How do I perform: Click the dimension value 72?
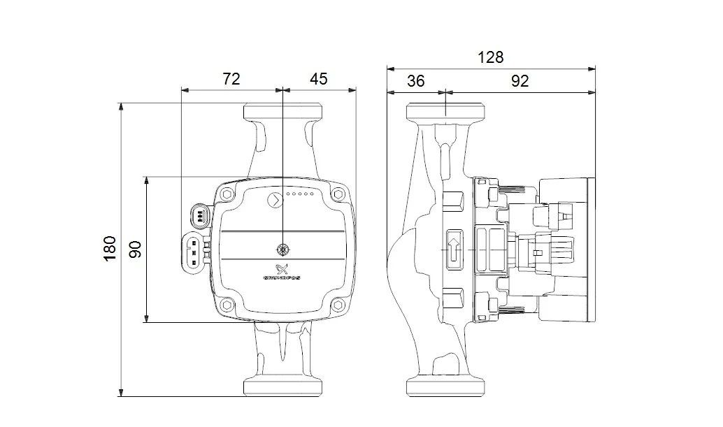[231, 79]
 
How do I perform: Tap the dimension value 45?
[318, 79]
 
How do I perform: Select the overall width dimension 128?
[490, 57]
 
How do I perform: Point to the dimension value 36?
[415, 81]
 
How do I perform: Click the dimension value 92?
[519, 81]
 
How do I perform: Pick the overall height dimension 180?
[110, 249]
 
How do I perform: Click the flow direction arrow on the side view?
[452, 249]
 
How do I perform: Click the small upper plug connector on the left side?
[200, 216]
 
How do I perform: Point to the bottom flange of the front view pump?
[282, 388]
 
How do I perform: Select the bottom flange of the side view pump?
[445, 388]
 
